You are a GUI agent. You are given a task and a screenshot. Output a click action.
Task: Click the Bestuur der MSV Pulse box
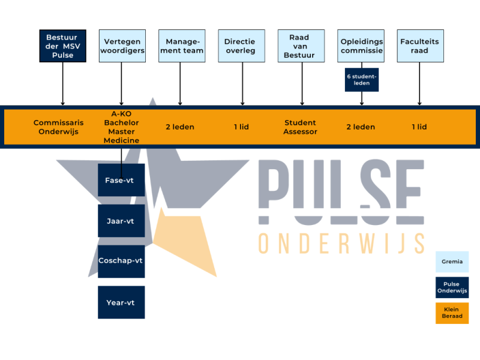click(x=62, y=46)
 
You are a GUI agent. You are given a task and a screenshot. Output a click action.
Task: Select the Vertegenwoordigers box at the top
click(x=121, y=46)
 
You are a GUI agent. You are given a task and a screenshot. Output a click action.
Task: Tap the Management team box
click(x=181, y=46)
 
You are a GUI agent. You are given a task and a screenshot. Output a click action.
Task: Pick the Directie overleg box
click(x=240, y=46)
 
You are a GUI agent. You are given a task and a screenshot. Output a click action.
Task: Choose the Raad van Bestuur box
click(x=299, y=46)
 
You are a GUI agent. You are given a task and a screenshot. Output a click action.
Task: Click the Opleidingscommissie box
click(x=361, y=46)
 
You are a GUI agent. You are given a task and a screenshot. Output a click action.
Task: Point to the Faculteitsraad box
click(x=420, y=46)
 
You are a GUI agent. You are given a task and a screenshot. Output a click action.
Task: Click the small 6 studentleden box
click(x=361, y=79)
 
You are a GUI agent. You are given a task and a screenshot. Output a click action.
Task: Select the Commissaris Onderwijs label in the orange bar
click(x=58, y=127)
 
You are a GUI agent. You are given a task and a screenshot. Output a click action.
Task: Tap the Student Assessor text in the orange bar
click(x=300, y=127)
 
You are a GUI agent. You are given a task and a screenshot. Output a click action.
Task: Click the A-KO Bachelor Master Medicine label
click(x=121, y=127)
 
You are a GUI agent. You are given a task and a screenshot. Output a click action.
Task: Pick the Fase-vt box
click(x=121, y=180)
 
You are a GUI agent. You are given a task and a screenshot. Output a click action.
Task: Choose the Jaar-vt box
click(x=121, y=221)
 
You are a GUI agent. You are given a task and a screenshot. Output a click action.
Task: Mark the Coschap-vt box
click(x=121, y=261)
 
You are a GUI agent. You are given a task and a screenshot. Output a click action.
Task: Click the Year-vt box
click(x=121, y=302)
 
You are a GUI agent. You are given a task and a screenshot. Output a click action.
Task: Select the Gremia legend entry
click(x=452, y=262)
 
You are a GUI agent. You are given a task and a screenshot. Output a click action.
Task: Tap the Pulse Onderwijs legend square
click(x=452, y=287)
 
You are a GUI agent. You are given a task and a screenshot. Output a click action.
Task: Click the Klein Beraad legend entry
click(x=452, y=313)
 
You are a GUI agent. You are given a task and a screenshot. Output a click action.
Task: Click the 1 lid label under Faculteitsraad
click(x=419, y=127)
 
